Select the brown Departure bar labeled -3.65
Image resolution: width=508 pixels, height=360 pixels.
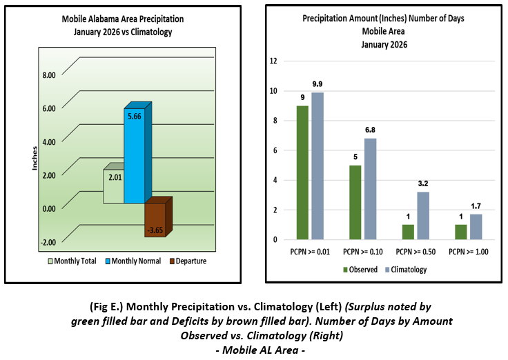click(155, 220)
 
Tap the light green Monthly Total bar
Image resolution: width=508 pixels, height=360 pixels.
click(113, 186)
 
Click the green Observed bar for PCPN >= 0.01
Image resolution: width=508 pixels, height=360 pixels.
click(302, 172)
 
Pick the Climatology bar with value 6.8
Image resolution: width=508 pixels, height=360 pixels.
click(370, 189)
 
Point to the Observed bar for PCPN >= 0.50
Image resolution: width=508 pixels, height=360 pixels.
click(409, 232)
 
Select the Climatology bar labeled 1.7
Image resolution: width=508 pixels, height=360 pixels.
click(476, 227)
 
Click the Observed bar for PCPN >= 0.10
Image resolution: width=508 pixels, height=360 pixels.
click(355, 202)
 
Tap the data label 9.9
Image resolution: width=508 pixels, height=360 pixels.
click(317, 85)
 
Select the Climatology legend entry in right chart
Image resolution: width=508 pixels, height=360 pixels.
click(405, 270)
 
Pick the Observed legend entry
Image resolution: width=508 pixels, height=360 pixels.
click(361, 270)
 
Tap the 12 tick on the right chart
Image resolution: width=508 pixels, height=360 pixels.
click(273, 61)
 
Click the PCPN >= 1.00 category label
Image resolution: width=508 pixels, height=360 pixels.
click(469, 251)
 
